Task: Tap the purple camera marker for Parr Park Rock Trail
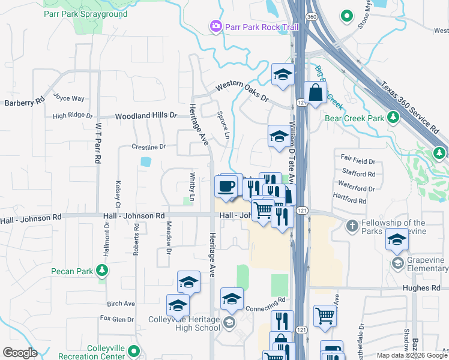click(x=215, y=26)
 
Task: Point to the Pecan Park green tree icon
click(x=103, y=271)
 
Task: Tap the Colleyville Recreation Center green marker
click(x=134, y=352)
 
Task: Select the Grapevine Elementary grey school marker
click(x=397, y=263)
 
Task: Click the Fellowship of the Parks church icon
click(x=352, y=226)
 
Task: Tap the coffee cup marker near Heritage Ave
click(x=226, y=186)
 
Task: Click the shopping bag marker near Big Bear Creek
click(x=315, y=93)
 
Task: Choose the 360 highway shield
click(x=312, y=17)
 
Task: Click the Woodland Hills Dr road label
click(x=147, y=115)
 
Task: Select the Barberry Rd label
click(x=24, y=102)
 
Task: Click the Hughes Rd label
click(x=427, y=288)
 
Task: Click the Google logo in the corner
click(x=20, y=352)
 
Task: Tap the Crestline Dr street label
click(x=148, y=146)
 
